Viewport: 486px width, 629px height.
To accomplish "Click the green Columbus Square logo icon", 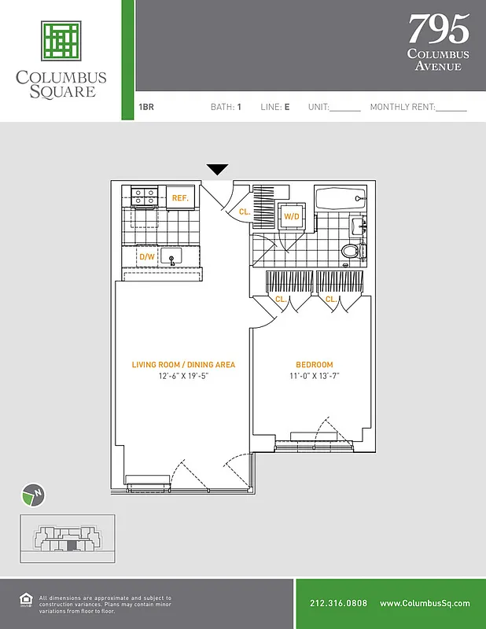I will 61,40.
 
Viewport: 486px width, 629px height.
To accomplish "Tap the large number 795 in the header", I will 438,30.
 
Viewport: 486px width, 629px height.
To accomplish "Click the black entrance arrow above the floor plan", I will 218,170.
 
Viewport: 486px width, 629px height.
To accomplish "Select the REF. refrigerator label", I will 180,199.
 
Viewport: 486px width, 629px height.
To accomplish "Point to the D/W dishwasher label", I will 146,257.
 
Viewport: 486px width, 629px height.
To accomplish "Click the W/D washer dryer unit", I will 292,215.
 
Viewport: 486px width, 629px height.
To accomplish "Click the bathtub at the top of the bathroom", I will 340,200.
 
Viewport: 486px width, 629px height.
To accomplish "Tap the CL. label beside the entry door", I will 245,212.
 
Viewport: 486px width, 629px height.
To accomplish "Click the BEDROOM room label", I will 314,365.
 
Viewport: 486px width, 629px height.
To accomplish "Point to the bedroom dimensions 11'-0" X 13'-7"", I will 314,376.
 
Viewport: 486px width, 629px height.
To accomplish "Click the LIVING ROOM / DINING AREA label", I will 182,365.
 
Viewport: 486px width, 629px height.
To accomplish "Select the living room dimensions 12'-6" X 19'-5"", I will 182,376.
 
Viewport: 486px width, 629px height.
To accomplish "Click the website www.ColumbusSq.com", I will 425,604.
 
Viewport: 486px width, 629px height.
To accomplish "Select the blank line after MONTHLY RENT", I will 451,109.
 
